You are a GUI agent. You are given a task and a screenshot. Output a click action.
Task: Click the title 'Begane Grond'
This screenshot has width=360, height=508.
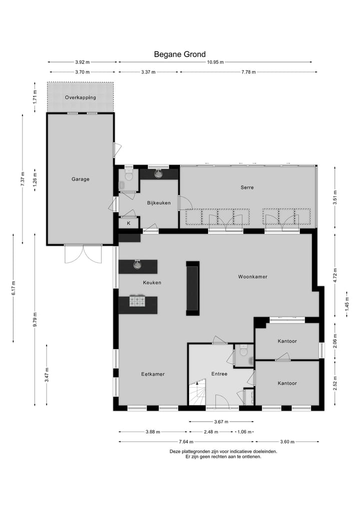pos(179,54)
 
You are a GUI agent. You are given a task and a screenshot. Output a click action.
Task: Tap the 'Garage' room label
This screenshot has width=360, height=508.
pos(80,179)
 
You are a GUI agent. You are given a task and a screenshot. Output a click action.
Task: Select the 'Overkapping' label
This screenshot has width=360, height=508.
pos(80,97)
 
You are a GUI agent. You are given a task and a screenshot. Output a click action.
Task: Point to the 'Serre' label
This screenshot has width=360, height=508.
pos(247,187)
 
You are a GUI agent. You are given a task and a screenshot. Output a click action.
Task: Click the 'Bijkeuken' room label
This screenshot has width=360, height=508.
pos(159,203)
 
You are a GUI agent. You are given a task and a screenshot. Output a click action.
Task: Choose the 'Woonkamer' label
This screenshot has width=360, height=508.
pos(252,276)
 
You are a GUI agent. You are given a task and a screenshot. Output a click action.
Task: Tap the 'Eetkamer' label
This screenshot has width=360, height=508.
pos(152,374)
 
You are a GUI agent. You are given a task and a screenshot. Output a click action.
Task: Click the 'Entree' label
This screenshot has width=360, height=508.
pos(219,374)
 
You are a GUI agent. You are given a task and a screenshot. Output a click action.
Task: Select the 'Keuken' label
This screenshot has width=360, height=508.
pos(152,282)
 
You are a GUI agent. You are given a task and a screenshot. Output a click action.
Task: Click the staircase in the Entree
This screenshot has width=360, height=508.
pos(197,393)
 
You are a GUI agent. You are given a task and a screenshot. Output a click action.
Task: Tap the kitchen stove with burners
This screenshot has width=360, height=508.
pos(137,301)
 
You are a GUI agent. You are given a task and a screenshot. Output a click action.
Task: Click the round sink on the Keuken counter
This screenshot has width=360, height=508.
pos(137,265)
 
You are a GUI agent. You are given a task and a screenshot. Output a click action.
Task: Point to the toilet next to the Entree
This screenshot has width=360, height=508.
pos(243,352)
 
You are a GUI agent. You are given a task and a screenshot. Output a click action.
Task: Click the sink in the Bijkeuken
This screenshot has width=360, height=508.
pos(159,174)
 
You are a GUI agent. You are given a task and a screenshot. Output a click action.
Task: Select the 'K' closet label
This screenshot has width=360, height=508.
pos(128,223)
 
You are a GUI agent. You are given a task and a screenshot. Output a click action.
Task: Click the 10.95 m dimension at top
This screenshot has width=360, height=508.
pos(215,62)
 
